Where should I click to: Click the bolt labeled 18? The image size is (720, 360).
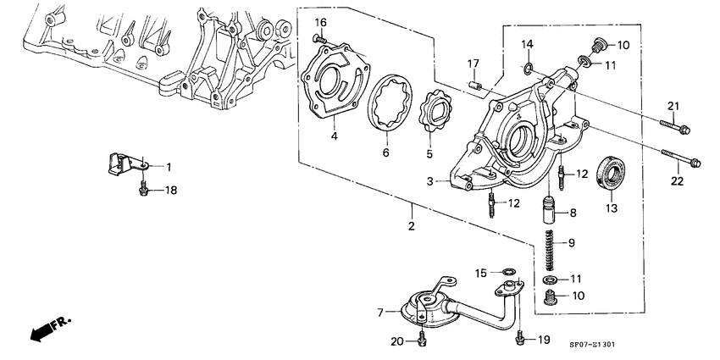(143, 190)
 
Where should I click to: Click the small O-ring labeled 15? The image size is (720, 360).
(508, 271)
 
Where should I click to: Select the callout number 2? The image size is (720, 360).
(411, 226)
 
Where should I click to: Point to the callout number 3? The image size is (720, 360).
(429, 180)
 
